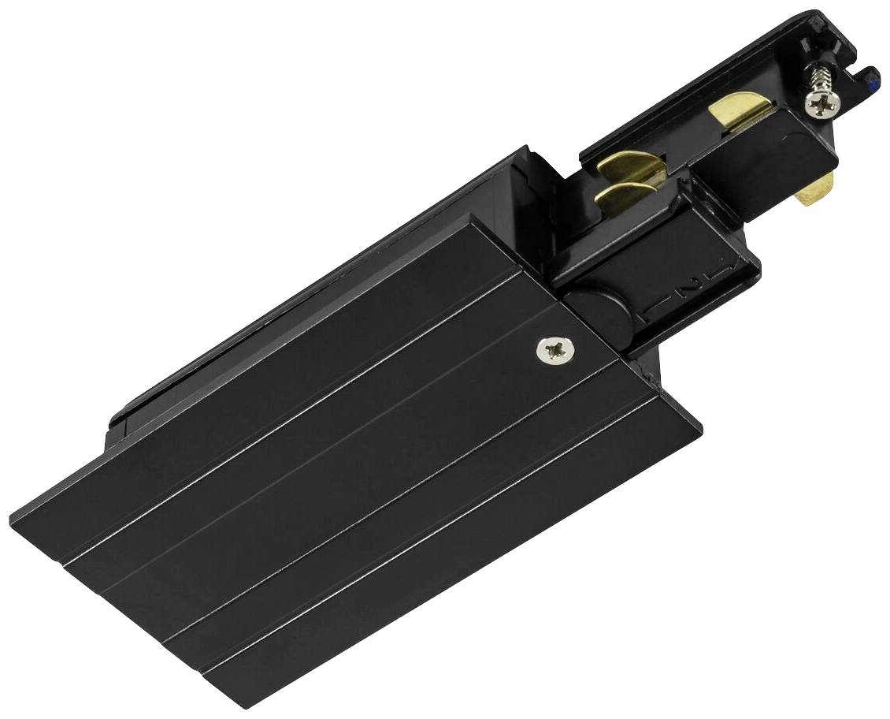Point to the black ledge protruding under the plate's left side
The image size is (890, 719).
pyautogui.click(x=118, y=426)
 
